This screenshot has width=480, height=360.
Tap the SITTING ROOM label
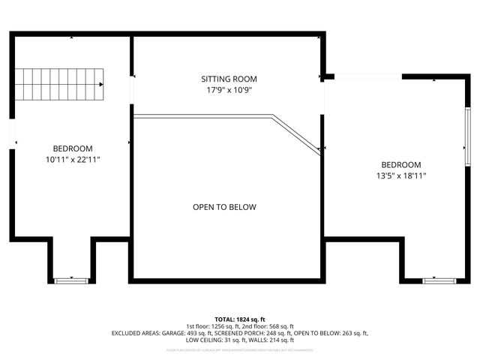(x=229, y=79)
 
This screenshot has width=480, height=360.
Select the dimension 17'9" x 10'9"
(x=229, y=90)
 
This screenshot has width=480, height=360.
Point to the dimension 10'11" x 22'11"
(x=73, y=160)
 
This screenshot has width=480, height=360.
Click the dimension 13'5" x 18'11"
(x=401, y=176)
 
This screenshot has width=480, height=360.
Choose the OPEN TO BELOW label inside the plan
(x=224, y=207)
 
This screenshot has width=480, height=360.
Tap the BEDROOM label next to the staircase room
(x=73, y=148)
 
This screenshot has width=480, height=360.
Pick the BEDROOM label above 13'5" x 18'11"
(x=401, y=165)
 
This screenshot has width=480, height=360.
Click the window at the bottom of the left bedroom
(x=72, y=280)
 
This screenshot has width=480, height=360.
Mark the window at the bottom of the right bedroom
(x=439, y=280)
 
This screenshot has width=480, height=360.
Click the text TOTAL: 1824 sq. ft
(x=240, y=319)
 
